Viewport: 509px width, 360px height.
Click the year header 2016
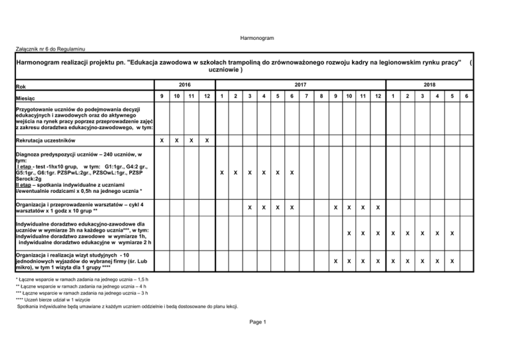point(184,84)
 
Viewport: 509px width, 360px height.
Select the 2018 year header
point(430,84)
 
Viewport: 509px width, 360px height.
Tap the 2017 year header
point(300,84)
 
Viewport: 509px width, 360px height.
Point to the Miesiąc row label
point(28,97)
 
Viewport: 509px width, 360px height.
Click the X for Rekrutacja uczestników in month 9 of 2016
point(163,141)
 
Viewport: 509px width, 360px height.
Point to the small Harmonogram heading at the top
point(254,38)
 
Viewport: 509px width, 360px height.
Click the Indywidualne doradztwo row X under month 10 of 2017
point(350,233)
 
